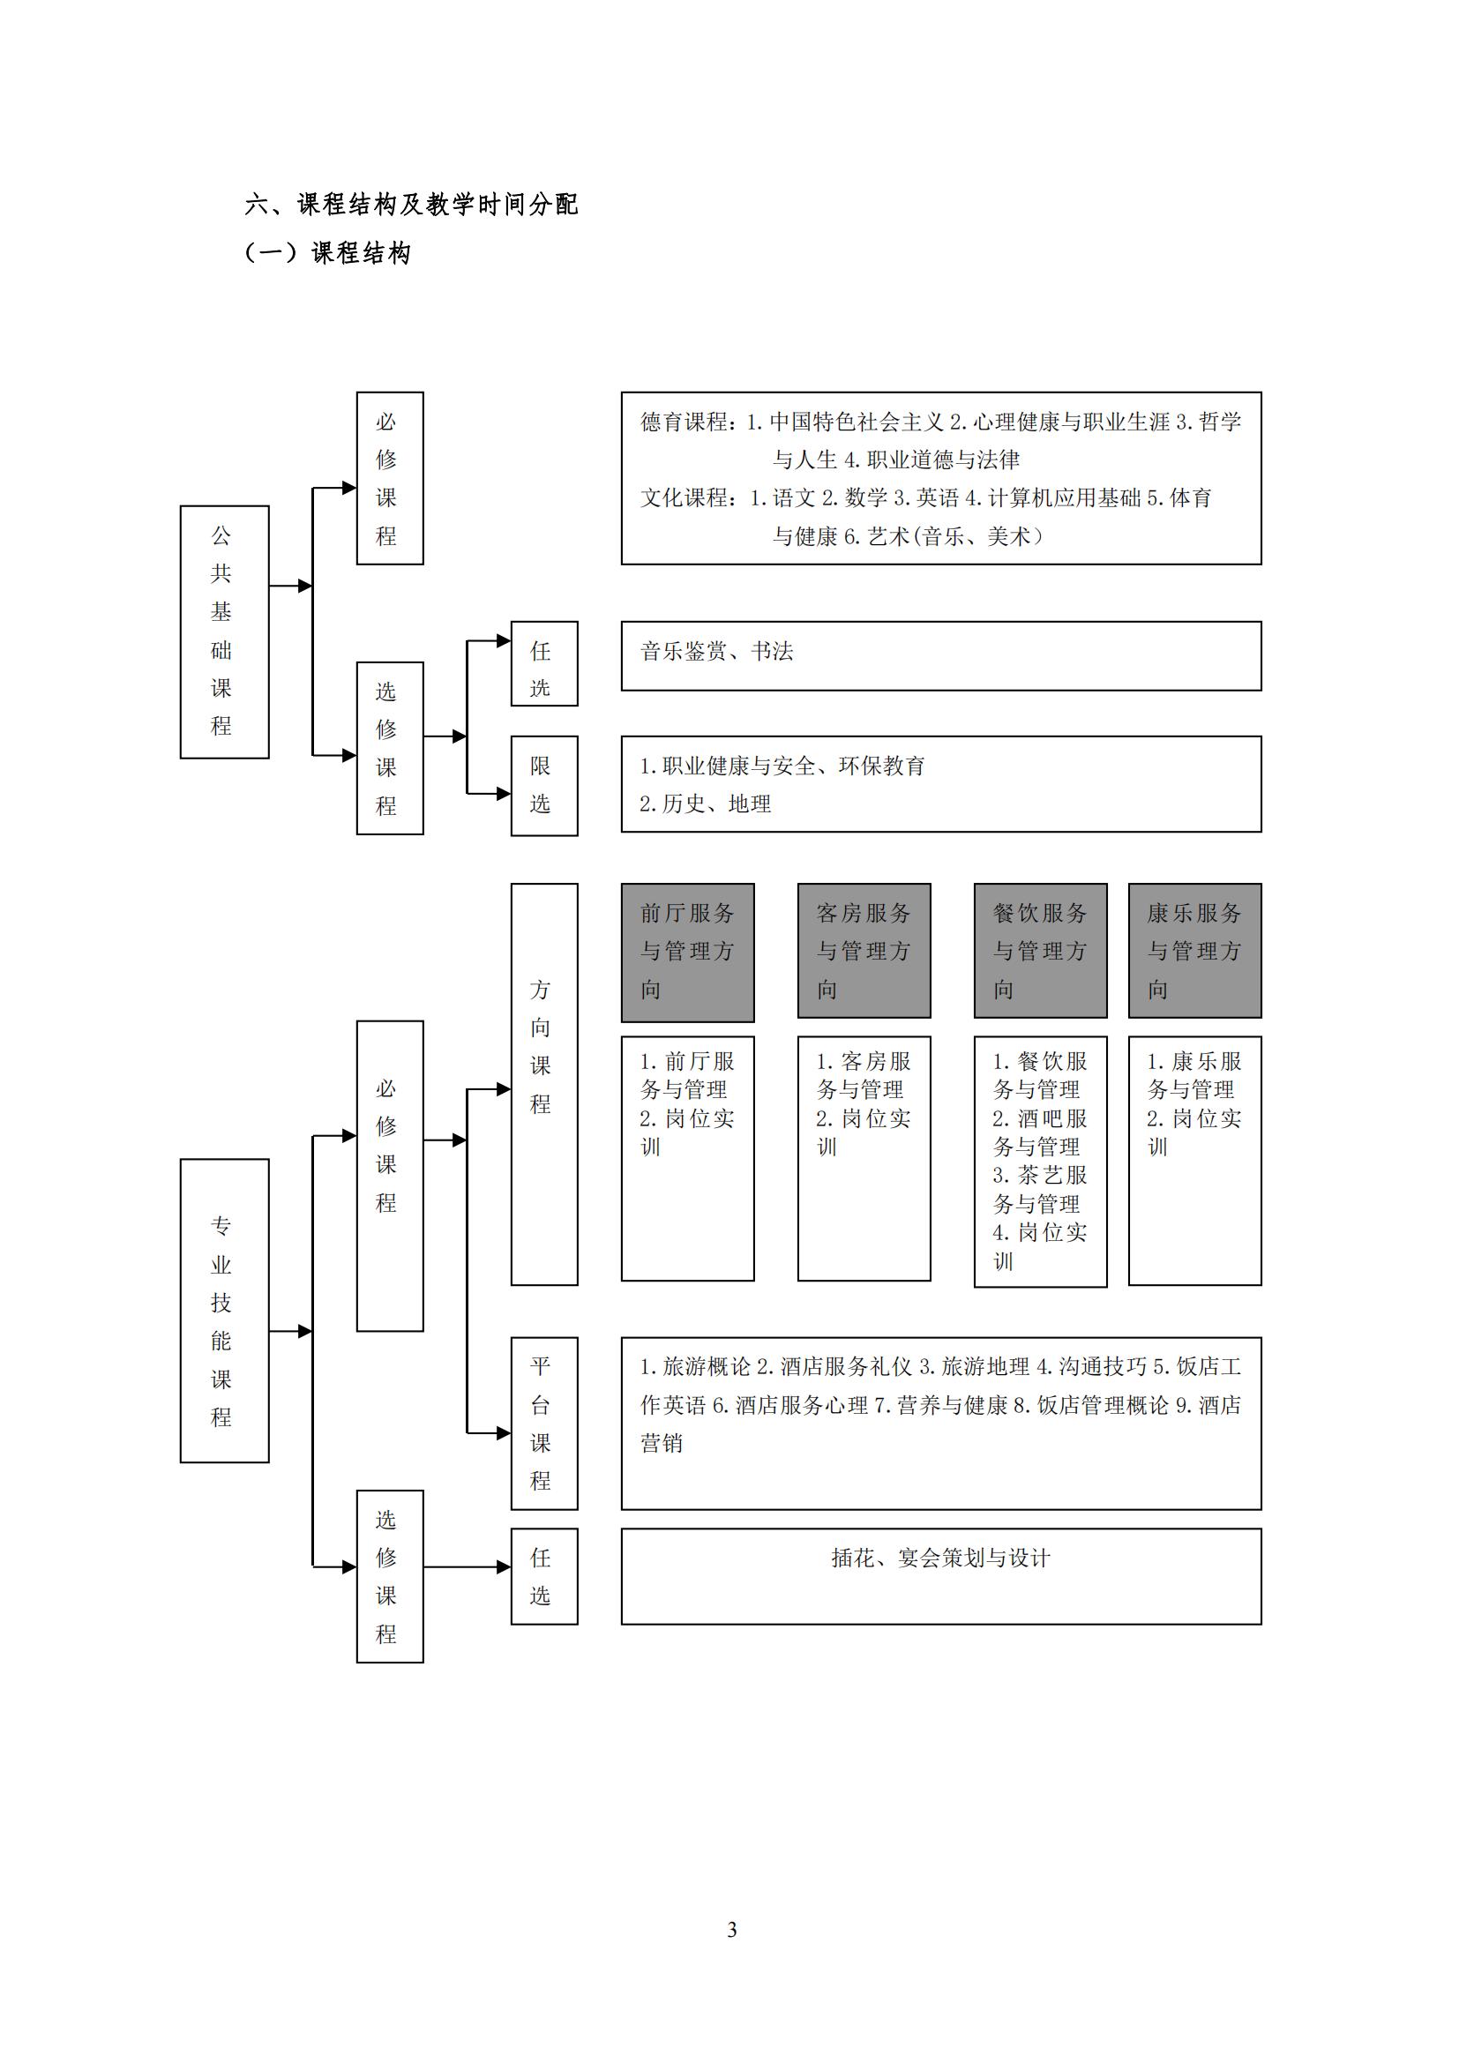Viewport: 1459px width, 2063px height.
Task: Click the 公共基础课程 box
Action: [x=225, y=632]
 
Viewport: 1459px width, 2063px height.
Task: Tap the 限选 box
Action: [x=544, y=785]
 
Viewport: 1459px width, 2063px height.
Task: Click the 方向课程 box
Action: [x=544, y=1084]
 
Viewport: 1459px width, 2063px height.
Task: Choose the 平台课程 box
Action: [x=544, y=1424]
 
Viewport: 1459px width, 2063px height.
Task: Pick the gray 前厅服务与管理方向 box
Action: [x=687, y=953]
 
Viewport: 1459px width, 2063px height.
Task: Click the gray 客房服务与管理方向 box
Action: [x=864, y=951]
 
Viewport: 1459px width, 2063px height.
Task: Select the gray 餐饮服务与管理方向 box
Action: [x=1040, y=951]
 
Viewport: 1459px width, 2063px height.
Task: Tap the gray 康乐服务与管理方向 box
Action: [x=1195, y=951]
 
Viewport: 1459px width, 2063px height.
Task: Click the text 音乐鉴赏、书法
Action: [x=716, y=652]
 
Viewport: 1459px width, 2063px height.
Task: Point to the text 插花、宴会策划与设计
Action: [x=939, y=1558]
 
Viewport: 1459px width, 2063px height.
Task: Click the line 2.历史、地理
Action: [x=706, y=804]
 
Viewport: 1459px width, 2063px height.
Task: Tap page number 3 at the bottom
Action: [x=731, y=1930]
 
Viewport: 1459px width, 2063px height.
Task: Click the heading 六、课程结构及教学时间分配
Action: [x=410, y=205]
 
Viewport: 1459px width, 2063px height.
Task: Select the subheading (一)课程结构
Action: [x=328, y=253]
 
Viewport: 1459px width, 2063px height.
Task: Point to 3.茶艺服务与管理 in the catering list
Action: [x=1039, y=1190]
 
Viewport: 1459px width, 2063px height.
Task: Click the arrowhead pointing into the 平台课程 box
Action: [x=504, y=1433]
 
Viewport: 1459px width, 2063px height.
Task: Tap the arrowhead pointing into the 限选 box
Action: [x=504, y=794]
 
